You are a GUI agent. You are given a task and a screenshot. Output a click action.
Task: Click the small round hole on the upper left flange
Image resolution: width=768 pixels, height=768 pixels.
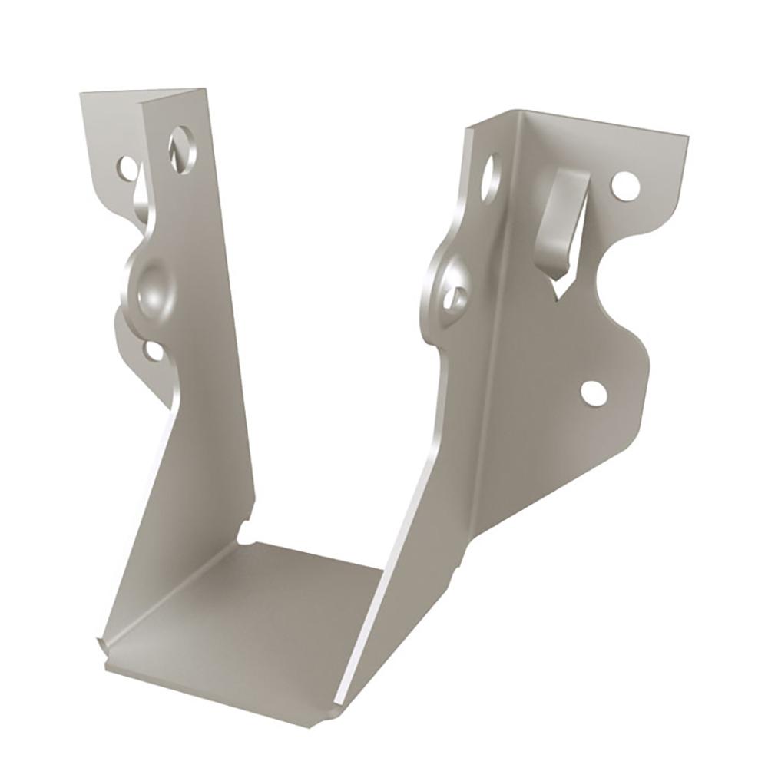coord(126,165)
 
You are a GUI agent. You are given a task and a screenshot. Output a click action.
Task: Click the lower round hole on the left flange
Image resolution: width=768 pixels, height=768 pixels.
coord(154,350)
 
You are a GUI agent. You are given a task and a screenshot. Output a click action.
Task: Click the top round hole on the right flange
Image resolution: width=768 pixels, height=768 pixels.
coord(626,184)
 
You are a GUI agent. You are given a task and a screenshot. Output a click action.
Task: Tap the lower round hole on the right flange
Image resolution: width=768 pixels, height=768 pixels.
coord(594,392)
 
